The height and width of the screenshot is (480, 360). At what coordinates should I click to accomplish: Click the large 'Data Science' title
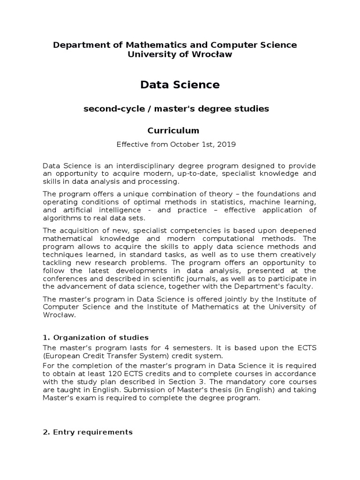point(180,85)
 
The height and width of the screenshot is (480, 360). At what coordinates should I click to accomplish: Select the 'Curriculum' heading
point(173,130)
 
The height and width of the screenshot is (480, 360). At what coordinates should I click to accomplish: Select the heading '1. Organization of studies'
point(96,337)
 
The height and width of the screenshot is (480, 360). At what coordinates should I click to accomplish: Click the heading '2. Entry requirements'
point(88,432)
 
